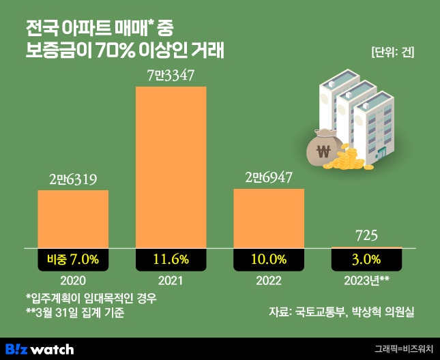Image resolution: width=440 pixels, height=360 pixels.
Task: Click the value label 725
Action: tap(367, 236)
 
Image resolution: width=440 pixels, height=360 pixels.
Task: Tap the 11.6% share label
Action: tap(171, 259)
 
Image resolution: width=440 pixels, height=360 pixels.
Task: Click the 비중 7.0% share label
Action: tap(73, 259)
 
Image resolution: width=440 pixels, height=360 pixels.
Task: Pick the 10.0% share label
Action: tap(269, 259)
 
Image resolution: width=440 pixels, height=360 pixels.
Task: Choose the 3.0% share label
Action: tap(367, 259)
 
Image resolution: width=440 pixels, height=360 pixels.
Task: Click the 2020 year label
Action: tap(73, 280)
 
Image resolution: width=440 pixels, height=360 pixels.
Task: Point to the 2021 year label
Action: tap(171, 280)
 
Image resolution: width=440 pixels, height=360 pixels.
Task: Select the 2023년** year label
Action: tap(367, 280)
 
